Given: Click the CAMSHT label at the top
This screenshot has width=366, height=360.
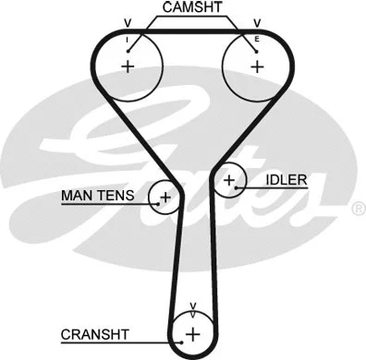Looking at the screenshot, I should (x=191, y=8).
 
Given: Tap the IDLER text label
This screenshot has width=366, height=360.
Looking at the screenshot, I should (x=286, y=179).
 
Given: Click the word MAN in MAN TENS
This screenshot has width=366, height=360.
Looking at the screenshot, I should (x=77, y=196).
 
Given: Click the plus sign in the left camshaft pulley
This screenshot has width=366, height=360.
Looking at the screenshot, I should (x=128, y=66).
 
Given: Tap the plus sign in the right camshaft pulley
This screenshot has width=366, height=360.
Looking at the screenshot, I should (x=257, y=66).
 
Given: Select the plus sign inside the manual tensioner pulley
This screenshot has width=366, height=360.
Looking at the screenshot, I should (x=165, y=197).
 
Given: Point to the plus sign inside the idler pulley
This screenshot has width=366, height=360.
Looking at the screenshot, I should (x=228, y=181).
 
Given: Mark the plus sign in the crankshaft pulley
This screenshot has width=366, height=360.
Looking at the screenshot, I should (x=192, y=333).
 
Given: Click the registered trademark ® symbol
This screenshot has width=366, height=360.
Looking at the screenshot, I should (x=359, y=210).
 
